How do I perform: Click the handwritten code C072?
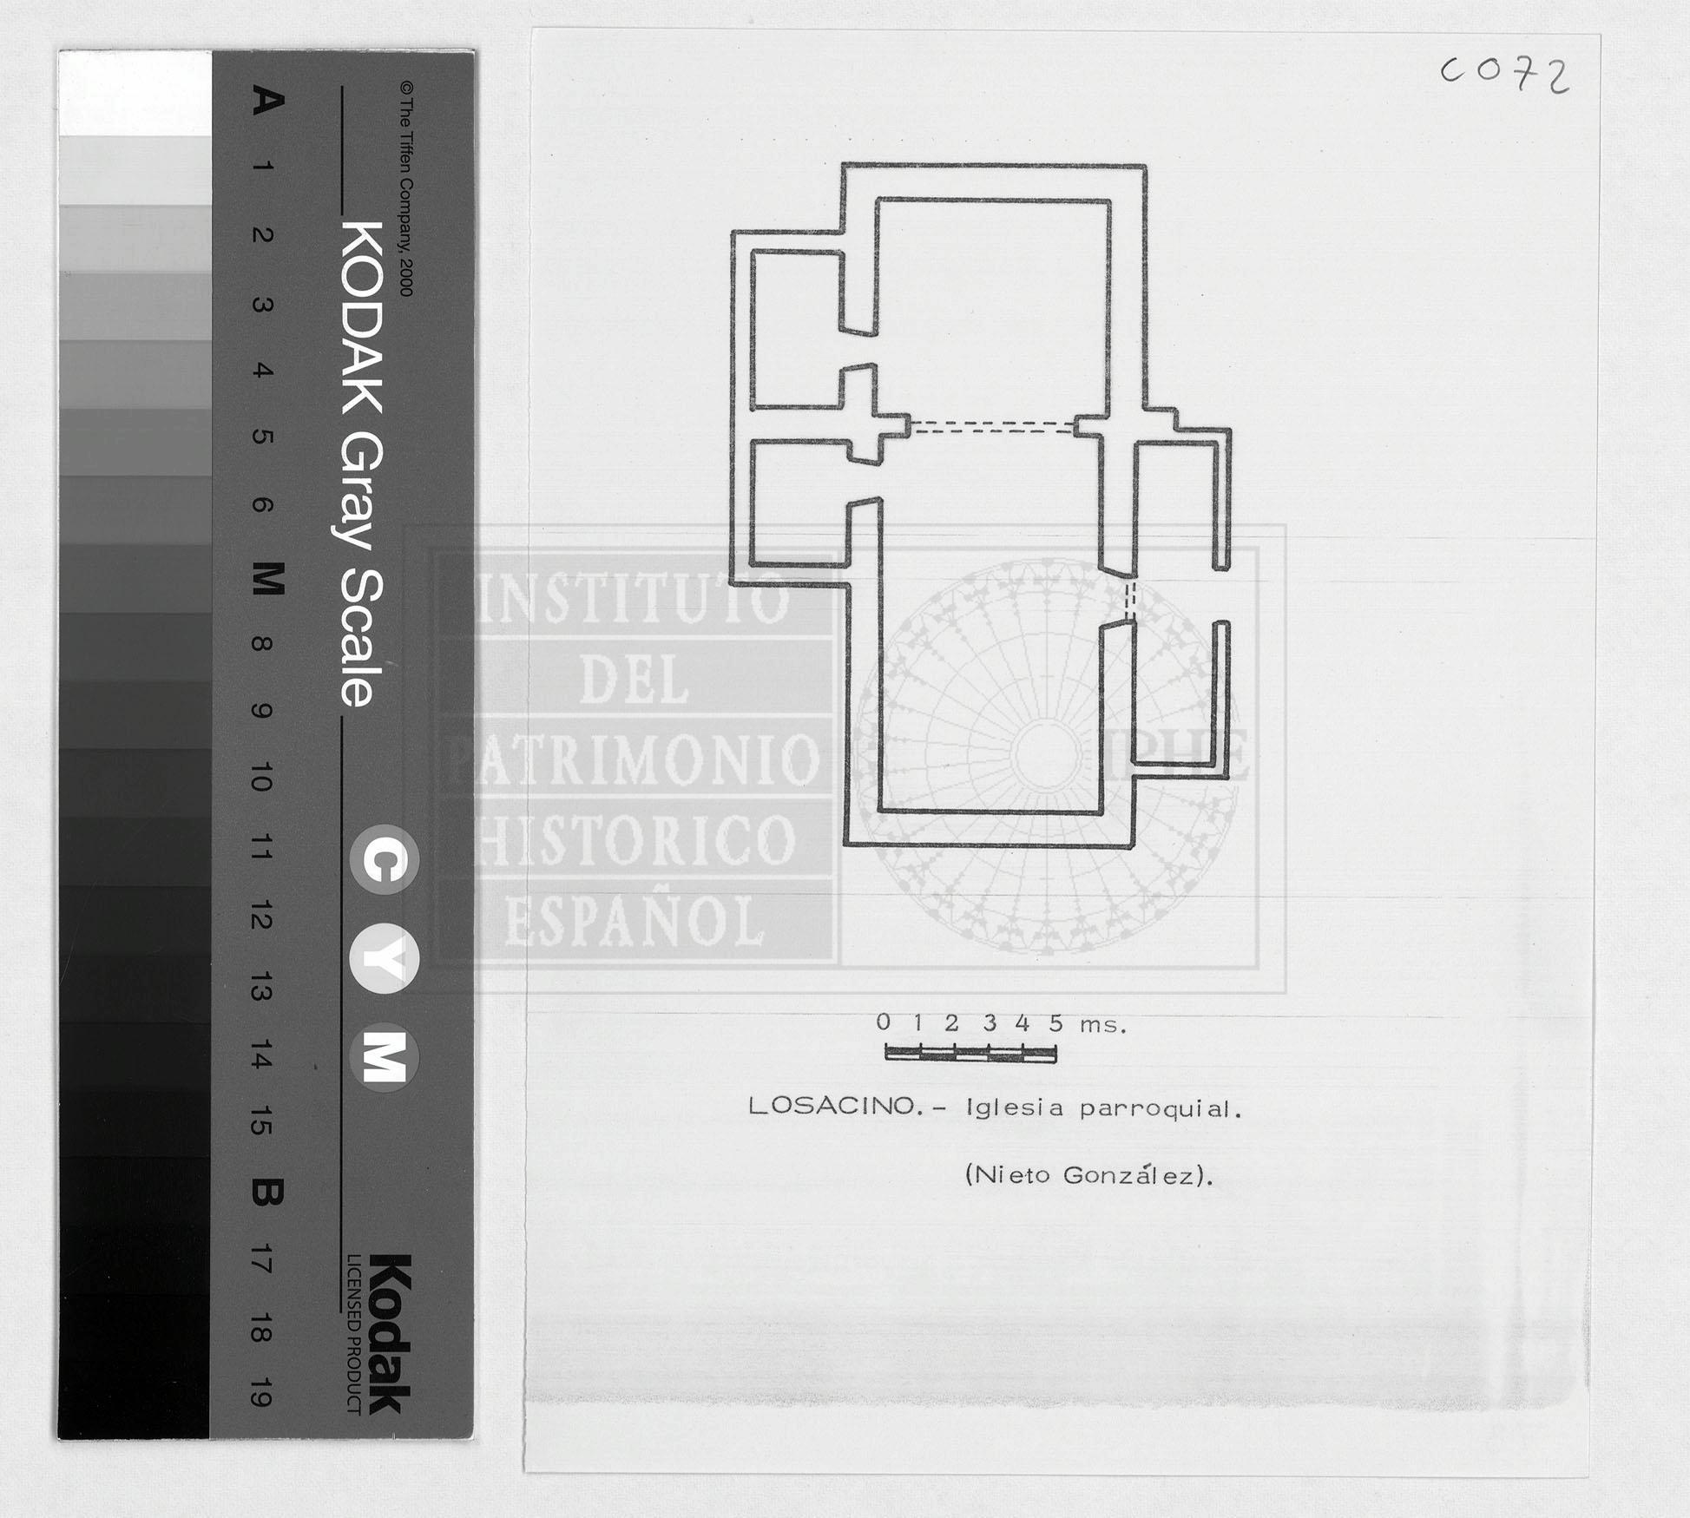1505,75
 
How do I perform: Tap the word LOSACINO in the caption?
832,1106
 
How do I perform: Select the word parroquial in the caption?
1161,1109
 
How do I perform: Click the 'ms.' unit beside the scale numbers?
1103,1025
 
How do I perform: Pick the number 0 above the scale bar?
884,1022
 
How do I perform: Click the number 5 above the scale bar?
1055,1022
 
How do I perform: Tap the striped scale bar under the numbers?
970,1054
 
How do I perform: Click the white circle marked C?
385,859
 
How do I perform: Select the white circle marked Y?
385,959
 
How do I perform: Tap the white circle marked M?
385,1058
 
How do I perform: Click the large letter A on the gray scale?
266,100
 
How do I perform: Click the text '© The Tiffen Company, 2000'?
406,189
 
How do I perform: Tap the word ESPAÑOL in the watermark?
634,921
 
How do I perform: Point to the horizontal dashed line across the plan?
992,426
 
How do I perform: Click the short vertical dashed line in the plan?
1129,600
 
